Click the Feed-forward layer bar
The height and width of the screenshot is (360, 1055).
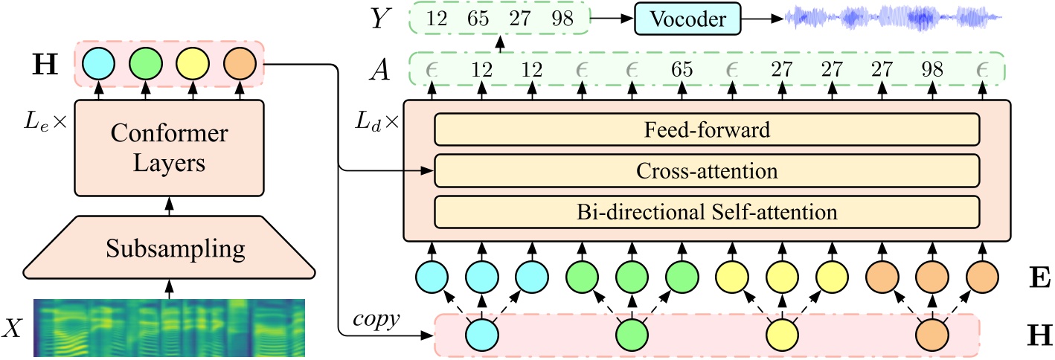pos(706,130)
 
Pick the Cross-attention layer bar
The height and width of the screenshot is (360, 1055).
pos(706,171)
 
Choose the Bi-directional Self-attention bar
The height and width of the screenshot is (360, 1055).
pos(706,212)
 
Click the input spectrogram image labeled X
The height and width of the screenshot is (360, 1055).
pos(170,327)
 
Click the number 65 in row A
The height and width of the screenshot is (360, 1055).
pos(682,71)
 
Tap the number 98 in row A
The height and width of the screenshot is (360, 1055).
pos(931,71)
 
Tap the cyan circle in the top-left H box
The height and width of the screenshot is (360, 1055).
pos(97,64)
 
